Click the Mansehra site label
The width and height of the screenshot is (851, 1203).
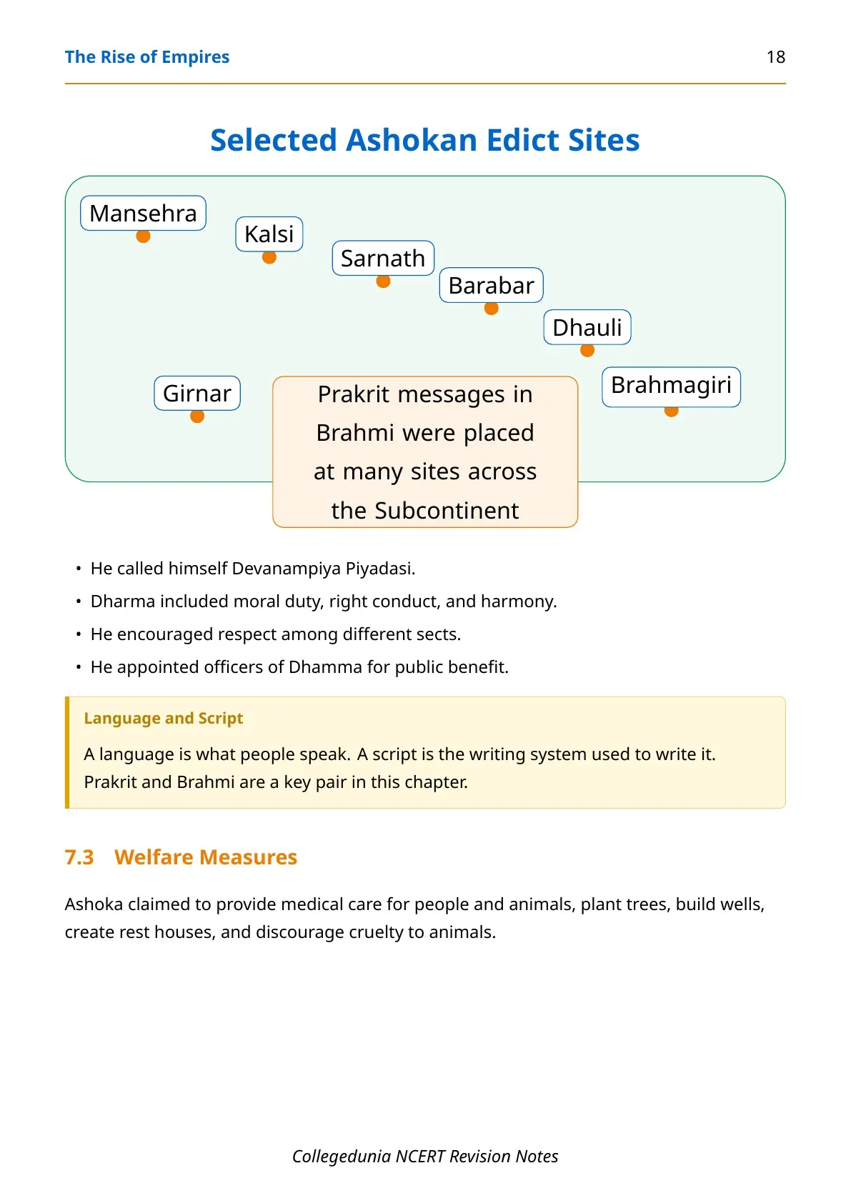click(x=143, y=213)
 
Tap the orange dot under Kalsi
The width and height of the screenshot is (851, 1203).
click(x=269, y=258)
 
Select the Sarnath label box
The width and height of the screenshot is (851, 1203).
click(x=383, y=259)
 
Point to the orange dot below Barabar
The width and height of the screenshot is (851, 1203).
click(x=491, y=309)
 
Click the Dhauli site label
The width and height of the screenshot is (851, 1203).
click(x=587, y=327)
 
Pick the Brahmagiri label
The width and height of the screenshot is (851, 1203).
click(x=671, y=385)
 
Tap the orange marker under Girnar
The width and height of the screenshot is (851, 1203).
click(x=197, y=416)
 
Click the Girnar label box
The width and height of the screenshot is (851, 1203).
click(x=197, y=393)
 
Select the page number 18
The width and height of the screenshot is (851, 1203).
click(x=776, y=57)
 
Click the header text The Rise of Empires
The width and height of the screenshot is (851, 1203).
click(x=147, y=57)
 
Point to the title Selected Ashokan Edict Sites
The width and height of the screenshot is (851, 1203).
click(x=425, y=139)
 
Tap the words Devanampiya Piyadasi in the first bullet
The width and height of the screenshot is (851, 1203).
click(x=323, y=568)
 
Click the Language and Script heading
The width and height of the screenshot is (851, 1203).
click(x=164, y=718)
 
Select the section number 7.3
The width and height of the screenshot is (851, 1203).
click(x=79, y=857)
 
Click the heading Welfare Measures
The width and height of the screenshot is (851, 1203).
click(x=206, y=857)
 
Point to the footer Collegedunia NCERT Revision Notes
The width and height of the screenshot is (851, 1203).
click(x=425, y=1156)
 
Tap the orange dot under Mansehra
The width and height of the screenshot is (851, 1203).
click(x=143, y=236)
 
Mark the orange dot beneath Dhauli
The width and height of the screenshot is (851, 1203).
click(x=587, y=351)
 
